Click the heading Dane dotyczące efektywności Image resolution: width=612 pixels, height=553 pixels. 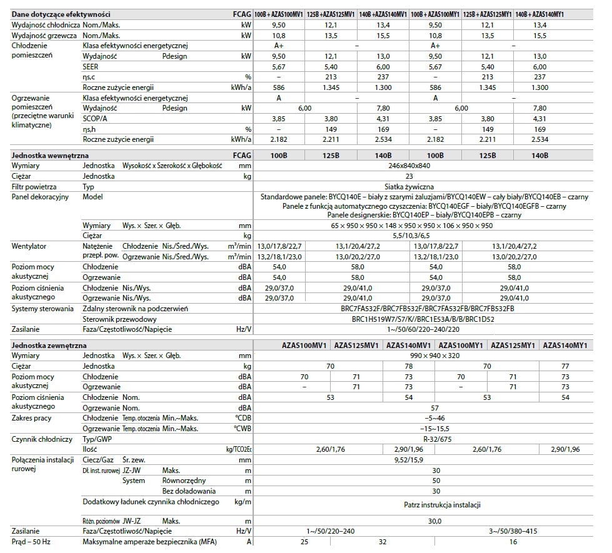click(61, 13)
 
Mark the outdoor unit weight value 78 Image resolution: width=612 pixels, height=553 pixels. click(409, 366)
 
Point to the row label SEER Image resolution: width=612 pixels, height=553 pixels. click(91, 66)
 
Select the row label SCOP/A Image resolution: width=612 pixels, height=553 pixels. click(96, 118)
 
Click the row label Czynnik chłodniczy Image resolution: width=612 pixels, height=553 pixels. click(42, 439)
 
